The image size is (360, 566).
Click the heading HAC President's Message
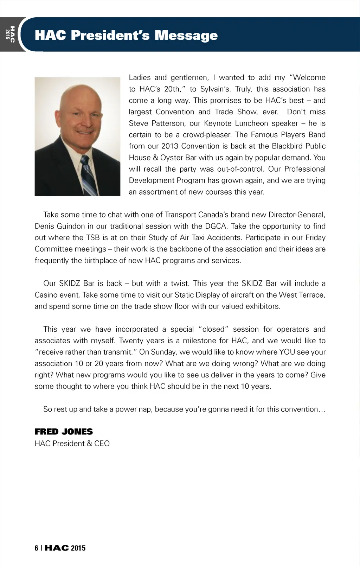[x=126, y=35]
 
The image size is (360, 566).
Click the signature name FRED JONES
[x=64, y=432]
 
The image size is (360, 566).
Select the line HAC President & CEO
[x=72, y=443]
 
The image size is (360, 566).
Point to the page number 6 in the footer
[x=36, y=548]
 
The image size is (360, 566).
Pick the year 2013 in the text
[x=170, y=146]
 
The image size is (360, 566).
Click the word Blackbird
[x=287, y=146]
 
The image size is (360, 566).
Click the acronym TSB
[x=93, y=237]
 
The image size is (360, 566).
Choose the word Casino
[x=47, y=295]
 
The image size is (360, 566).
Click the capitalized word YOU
[x=287, y=352]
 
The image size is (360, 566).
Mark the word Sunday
[x=164, y=352]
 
